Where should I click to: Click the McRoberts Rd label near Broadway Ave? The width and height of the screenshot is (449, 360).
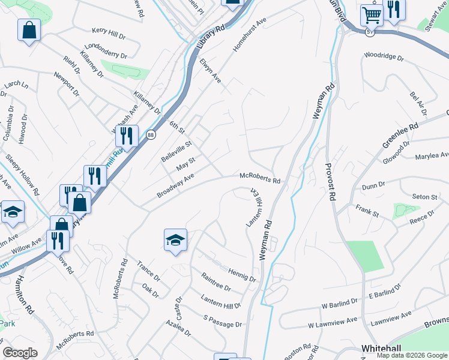260,179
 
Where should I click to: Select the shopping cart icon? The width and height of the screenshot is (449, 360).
372,14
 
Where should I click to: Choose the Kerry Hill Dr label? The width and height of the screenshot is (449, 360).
109,31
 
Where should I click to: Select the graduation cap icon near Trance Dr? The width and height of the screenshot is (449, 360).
175,240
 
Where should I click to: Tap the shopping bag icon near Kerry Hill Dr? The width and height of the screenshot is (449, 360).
29,29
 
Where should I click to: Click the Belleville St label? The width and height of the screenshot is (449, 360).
176,152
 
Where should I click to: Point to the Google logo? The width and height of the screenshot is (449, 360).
20,353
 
